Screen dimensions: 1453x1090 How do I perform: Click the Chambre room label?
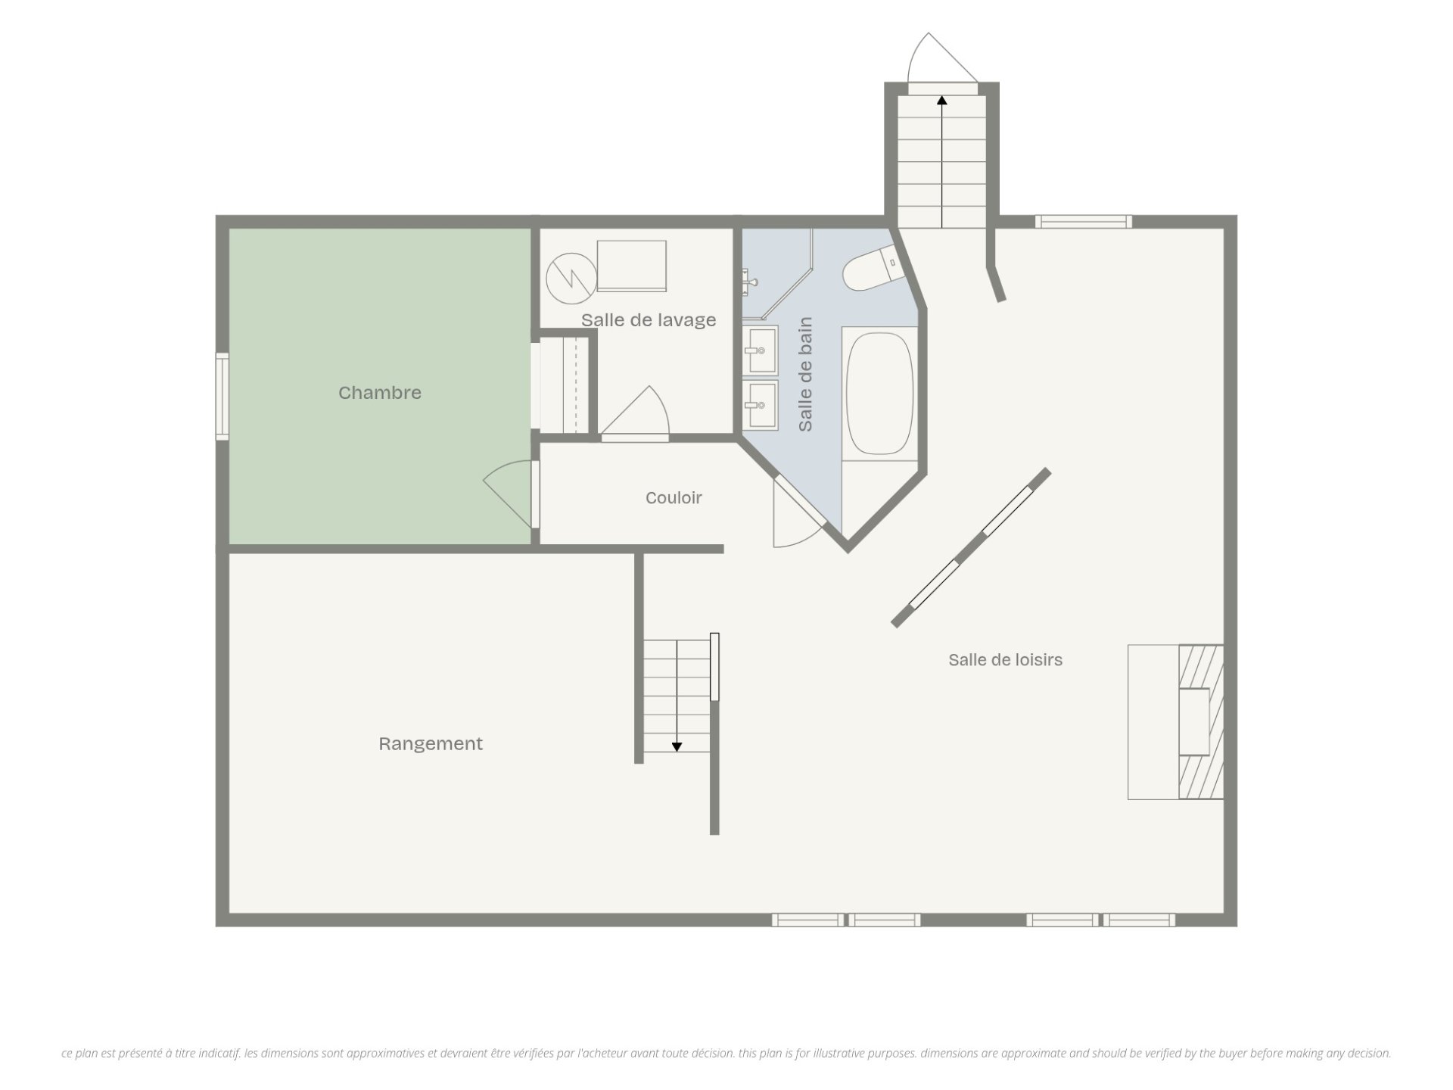click(379, 392)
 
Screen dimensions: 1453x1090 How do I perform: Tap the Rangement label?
click(431, 744)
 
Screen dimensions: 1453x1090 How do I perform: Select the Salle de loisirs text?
click(1005, 659)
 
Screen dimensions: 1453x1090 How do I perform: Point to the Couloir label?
click(674, 497)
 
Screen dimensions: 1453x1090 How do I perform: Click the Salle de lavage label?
click(649, 320)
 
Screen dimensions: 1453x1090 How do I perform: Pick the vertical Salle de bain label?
click(805, 374)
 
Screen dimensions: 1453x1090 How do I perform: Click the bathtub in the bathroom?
click(879, 394)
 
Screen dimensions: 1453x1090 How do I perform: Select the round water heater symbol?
click(571, 278)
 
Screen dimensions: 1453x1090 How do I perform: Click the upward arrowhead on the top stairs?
click(941, 100)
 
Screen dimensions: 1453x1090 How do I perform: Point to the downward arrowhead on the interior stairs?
click(677, 747)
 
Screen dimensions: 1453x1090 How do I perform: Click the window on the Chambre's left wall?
click(222, 396)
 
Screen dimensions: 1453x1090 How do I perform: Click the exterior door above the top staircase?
click(943, 61)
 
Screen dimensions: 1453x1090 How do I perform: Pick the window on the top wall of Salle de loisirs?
click(1084, 222)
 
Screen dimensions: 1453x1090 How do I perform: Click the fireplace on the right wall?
click(1175, 722)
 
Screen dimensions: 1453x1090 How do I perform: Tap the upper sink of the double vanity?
click(760, 350)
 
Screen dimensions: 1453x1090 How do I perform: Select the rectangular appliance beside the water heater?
click(632, 266)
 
